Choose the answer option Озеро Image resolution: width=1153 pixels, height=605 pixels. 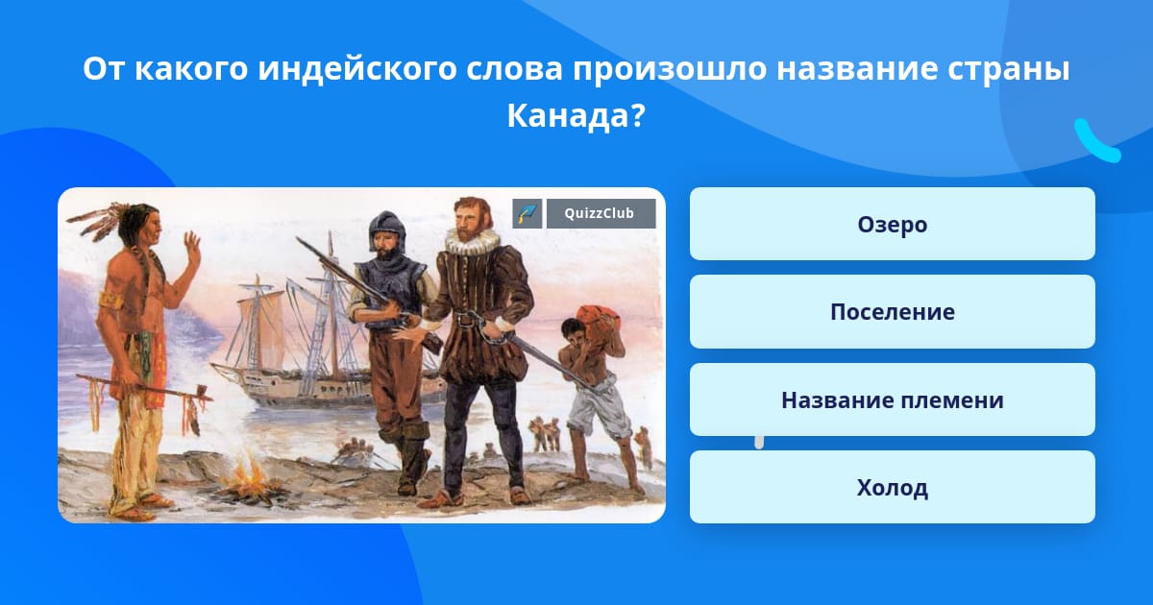tap(892, 224)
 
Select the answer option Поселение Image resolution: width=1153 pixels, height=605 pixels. tap(892, 312)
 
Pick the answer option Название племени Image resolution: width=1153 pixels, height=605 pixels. tap(892, 399)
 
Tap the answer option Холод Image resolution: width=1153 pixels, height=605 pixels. tap(892, 487)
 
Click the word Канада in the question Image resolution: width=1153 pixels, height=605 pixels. tap(568, 115)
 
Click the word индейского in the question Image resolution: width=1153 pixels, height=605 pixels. tap(357, 68)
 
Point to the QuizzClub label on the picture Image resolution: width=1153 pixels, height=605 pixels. tap(601, 213)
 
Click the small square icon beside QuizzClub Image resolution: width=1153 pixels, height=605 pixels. tap(527, 213)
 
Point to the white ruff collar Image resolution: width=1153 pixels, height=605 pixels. tap(473, 240)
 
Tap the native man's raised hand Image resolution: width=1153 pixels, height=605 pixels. tap(192, 247)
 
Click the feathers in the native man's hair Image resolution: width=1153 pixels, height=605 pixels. tap(98, 220)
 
